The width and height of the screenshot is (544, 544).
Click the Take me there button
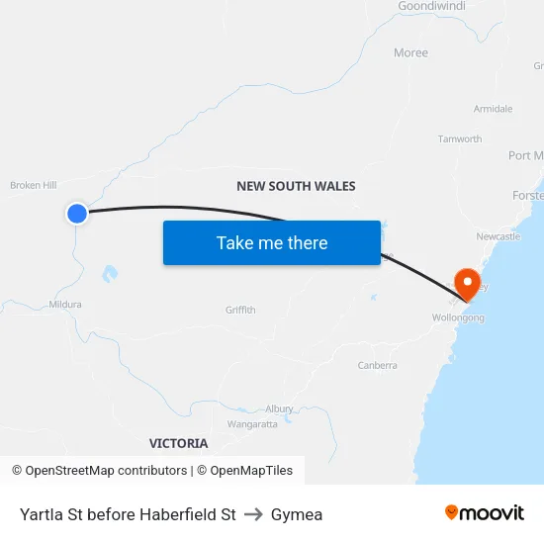coord(272,243)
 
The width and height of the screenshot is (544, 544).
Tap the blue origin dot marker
coord(77,213)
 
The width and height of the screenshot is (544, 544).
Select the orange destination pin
coord(465,284)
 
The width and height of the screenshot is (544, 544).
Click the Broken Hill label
coord(34,185)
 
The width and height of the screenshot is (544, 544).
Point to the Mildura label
coord(65,305)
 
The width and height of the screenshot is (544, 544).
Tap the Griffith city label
coord(240,310)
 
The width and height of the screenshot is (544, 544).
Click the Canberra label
coord(377,365)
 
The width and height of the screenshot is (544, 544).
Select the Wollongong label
coord(458,317)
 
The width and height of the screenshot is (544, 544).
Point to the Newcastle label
coord(498,236)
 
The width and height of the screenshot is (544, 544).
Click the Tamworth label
coord(460,139)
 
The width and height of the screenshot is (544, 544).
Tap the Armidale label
coord(493,109)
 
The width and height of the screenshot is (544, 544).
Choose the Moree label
coord(410,52)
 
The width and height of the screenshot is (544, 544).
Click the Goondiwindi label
coord(431,6)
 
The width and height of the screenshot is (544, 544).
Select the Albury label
coord(279,408)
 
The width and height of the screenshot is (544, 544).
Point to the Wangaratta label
coord(252,423)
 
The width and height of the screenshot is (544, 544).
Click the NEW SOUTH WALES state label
coord(296,186)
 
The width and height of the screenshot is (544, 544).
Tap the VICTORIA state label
coord(178,443)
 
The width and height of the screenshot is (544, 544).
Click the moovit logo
coord(485,512)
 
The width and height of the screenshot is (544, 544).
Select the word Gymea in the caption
coord(297,514)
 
